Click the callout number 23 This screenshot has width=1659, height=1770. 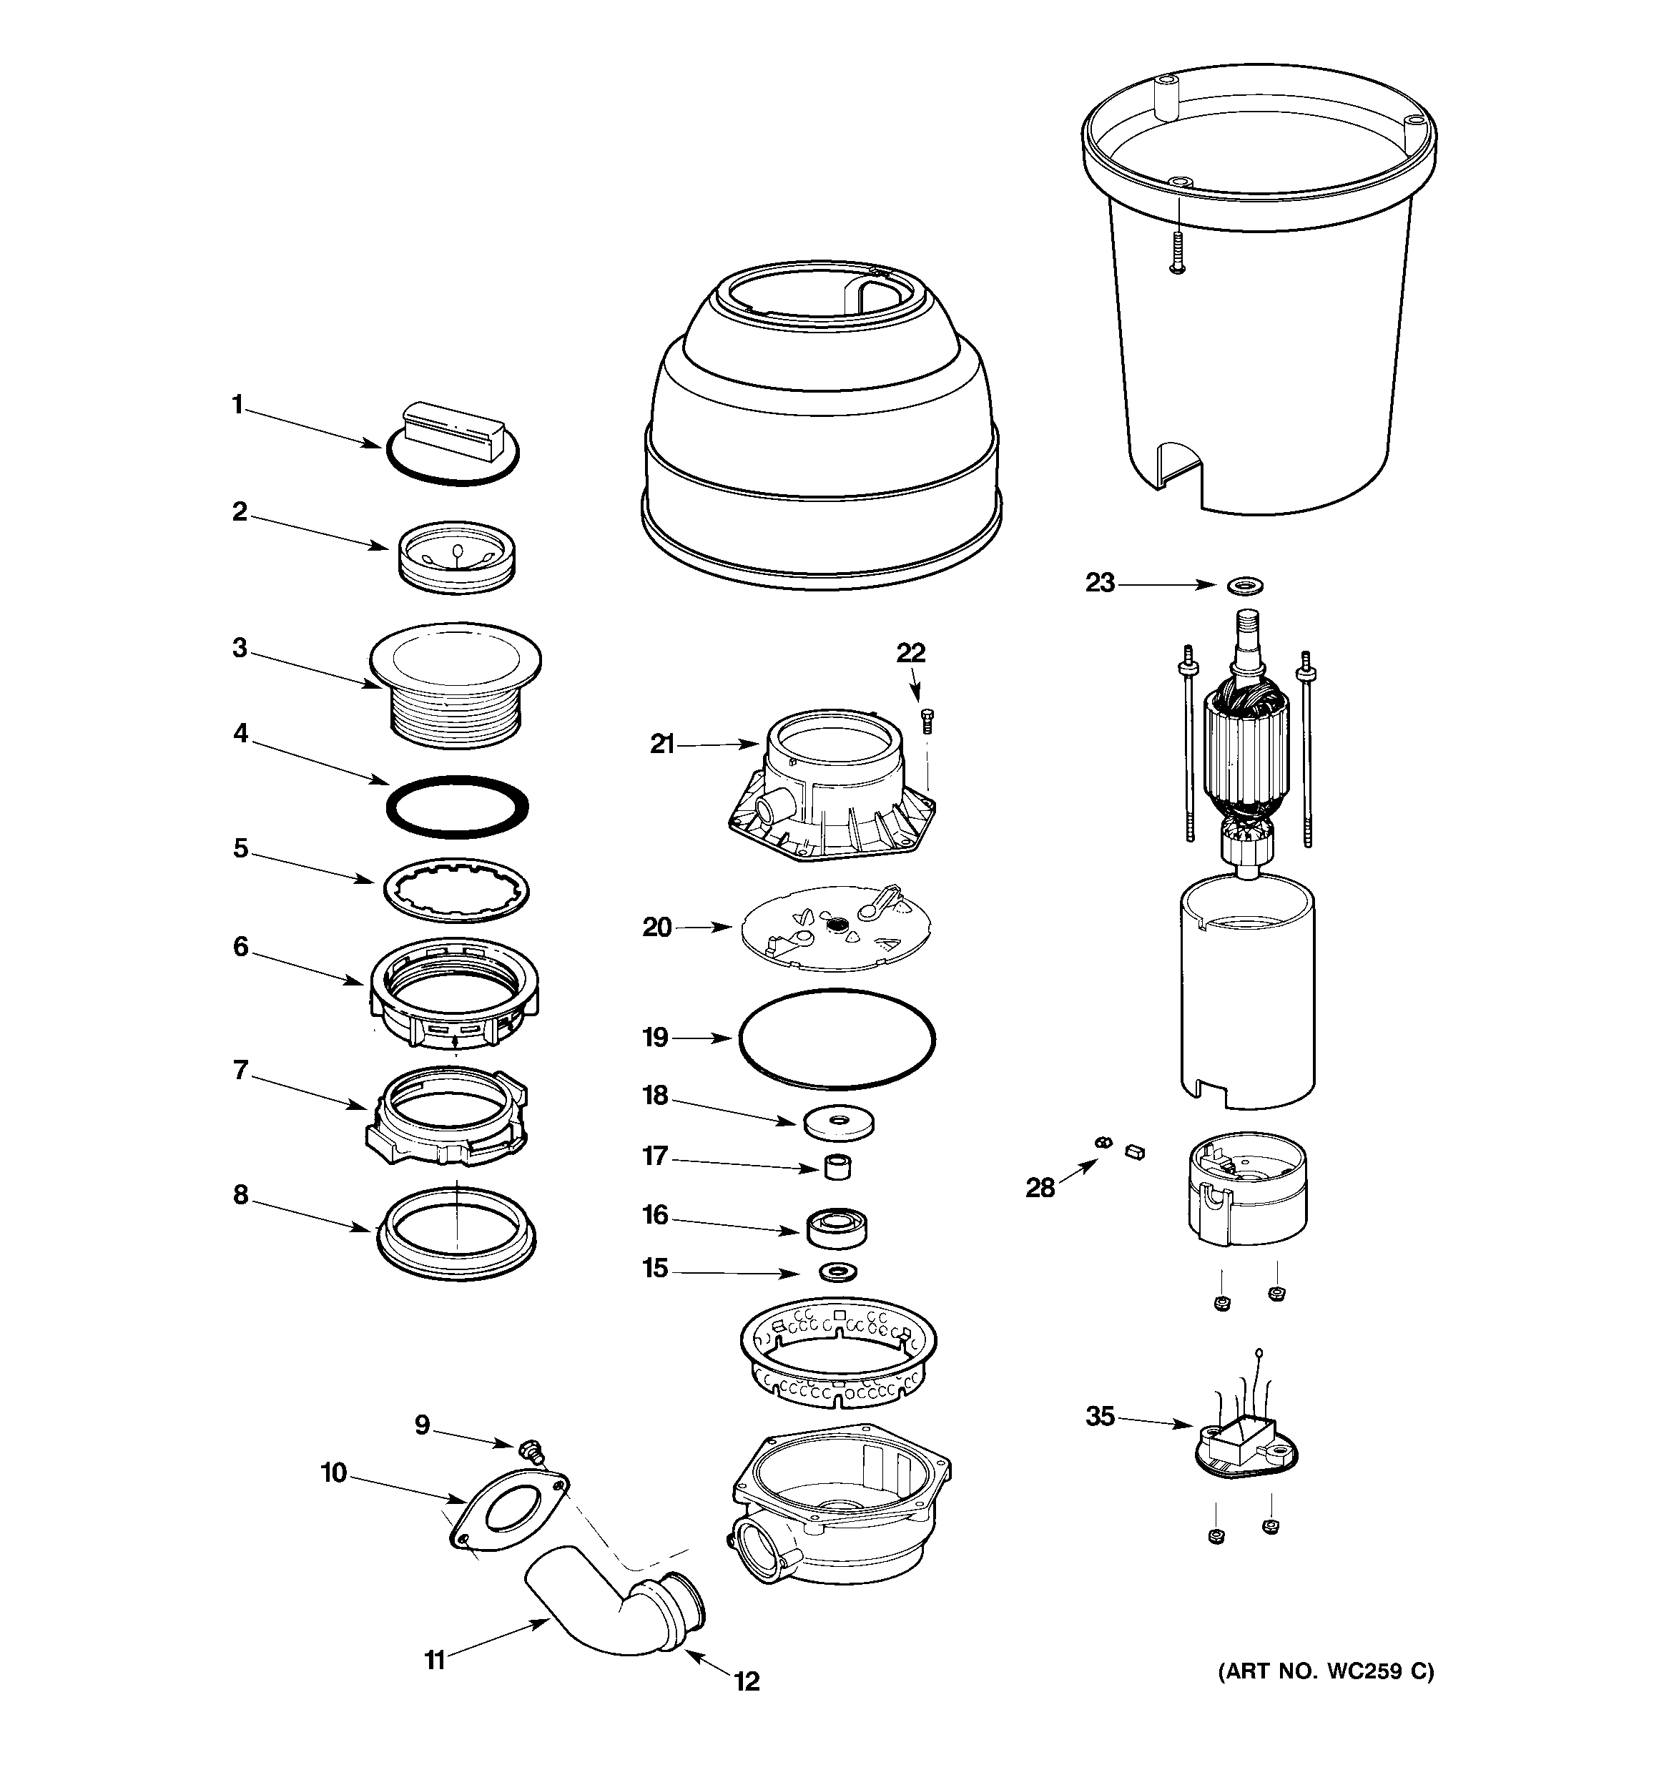(x=1100, y=583)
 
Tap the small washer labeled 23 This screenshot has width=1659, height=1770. (x=1244, y=586)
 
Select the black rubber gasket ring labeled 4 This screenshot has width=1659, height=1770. (x=457, y=807)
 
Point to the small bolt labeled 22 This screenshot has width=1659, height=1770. (x=927, y=720)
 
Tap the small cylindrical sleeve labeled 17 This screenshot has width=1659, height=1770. (x=836, y=1166)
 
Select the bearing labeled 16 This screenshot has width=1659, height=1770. (x=837, y=1229)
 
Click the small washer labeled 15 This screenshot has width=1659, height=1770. (x=837, y=1271)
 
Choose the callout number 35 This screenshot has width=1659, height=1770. (x=1100, y=1416)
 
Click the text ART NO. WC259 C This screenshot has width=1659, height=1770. (x=1326, y=1672)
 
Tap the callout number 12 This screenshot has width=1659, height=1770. (x=747, y=1681)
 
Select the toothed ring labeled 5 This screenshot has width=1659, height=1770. (x=456, y=890)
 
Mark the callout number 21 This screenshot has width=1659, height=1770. (x=661, y=744)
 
